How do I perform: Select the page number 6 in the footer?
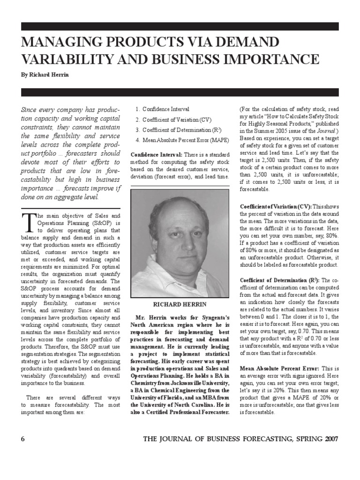coord(22,439)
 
